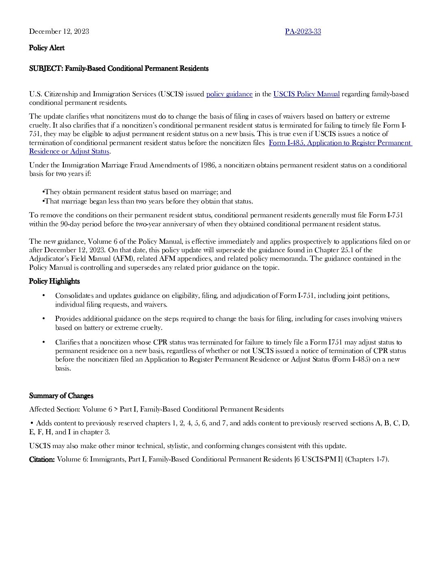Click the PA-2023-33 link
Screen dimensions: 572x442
(303, 32)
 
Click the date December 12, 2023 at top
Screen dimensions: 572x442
(59, 32)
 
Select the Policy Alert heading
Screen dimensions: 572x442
(47, 48)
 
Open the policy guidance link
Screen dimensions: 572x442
(229, 94)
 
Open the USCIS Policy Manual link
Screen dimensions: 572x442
(306, 94)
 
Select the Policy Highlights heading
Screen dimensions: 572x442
(54, 282)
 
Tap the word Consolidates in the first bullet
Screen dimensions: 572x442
(74, 296)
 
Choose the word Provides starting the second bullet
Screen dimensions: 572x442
(68, 319)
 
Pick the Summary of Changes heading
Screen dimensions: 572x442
(61, 396)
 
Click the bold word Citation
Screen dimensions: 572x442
(42, 459)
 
